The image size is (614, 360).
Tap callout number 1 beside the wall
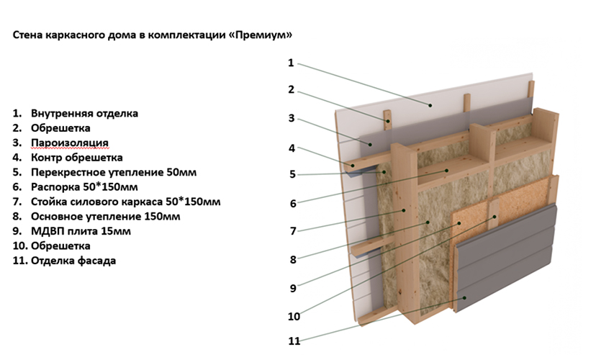(x=291, y=63)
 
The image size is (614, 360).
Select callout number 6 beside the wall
(x=293, y=203)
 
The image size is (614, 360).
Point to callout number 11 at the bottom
(x=294, y=341)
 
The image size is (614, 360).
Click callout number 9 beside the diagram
(x=293, y=288)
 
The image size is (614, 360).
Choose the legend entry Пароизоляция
(x=70, y=143)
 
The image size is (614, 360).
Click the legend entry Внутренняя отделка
(x=85, y=113)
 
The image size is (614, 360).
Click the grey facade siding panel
(x=506, y=256)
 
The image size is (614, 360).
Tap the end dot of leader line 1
(x=430, y=105)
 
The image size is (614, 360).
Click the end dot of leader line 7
(x=404, y=210)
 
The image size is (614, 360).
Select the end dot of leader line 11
(x=465, y=298)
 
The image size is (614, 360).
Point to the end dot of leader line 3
(x=371, y=145)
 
